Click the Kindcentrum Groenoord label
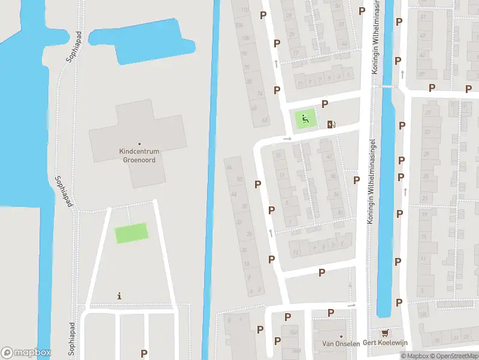[140, 156]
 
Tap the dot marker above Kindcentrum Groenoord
[140, 144]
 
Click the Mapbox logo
[25, 353]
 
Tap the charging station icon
[331, 124]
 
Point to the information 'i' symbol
[120, 296]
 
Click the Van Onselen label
[341, 344]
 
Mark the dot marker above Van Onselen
[341, 336]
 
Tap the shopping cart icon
[384, 333]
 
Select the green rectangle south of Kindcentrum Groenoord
[131, 233]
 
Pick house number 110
[244, 10]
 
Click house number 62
[265, 120]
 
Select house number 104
[239, 25]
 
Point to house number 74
[259, 94]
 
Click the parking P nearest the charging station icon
[325, 104]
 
